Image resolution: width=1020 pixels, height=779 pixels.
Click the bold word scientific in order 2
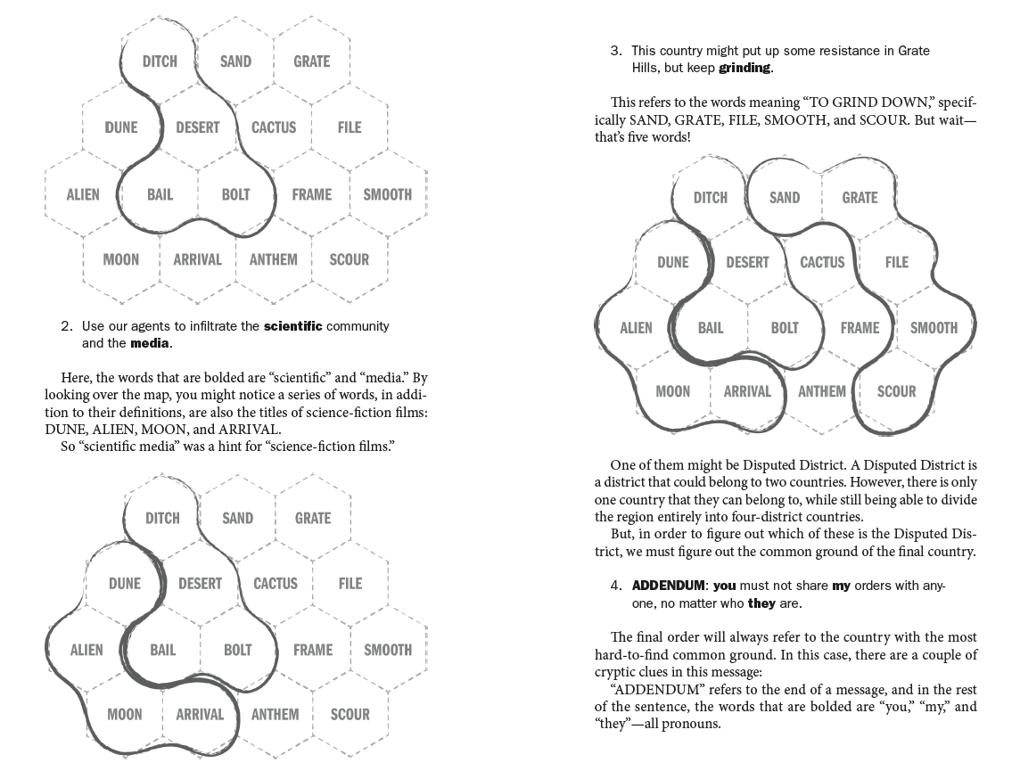tap(292, 326)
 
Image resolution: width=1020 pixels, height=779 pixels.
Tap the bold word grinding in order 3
tap(745, 68)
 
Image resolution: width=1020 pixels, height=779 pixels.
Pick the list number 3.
tap(615, 51)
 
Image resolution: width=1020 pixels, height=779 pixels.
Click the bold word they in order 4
tap(761, 603)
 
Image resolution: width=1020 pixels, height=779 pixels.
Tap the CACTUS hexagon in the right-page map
tap(822, 262)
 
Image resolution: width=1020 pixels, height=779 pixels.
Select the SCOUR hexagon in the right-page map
tap(896, 391)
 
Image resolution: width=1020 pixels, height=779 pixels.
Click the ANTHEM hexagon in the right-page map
tap(822, 391)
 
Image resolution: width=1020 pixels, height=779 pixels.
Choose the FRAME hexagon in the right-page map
tap(860, 328)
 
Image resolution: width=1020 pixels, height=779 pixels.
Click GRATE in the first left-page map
tap(311, 61)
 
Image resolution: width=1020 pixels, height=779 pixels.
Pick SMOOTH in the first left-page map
tap(387, 194)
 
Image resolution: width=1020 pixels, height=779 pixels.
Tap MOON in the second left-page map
tap(124, 715)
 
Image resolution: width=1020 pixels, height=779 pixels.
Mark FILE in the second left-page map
tap(350, 584)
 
